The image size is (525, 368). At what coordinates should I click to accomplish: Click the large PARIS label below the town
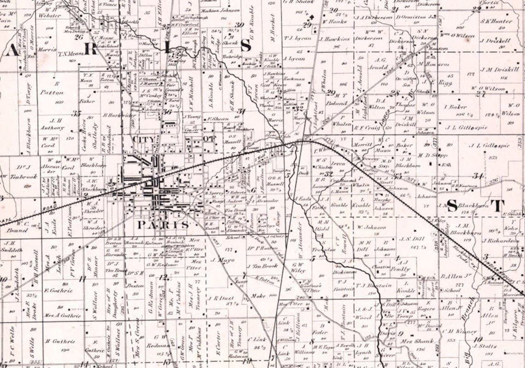[x=163, y=225]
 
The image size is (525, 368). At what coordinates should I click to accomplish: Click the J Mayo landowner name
[x=222, y=260]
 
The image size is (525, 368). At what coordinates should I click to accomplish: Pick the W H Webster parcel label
[x=50, y=12]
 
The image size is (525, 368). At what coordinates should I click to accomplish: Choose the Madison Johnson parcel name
[x=220, y=10]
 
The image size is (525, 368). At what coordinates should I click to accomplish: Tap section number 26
[x=78, y=37]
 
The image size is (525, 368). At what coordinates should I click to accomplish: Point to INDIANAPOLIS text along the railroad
[x=500, y=269]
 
